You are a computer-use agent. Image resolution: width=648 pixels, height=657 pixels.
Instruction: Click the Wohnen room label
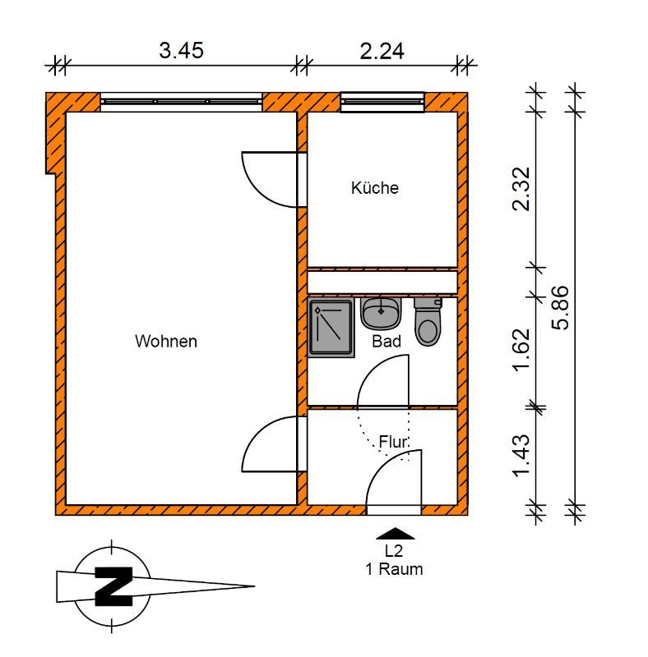(x=166, y=341)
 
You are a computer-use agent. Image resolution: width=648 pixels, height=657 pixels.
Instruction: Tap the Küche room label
(x=375, y=188)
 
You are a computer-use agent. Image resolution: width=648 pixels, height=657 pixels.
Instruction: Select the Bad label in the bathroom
(x=386, y=341)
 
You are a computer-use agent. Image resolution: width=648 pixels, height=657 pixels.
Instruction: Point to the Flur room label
(x=393, y=442)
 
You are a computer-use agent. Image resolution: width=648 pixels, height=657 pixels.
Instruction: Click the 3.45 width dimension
(x=181, y=51)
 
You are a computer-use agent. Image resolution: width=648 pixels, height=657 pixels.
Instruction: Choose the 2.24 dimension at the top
(x=382, y=51)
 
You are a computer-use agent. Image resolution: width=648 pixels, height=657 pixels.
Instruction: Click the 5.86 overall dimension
(x=561, y=307)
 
